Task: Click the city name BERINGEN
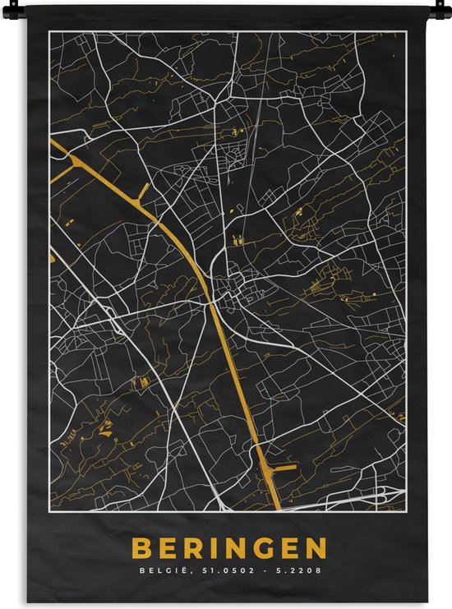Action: coord(229,548)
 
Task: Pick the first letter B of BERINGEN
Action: coord(141,548)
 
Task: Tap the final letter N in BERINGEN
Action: coord(317,548)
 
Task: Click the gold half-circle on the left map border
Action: coord(52,258)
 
